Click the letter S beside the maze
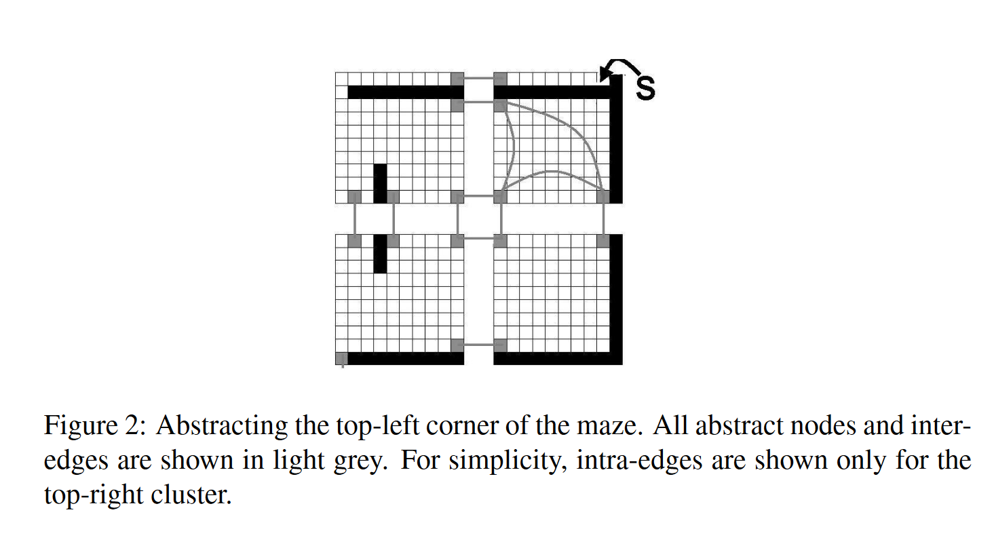[645, 89]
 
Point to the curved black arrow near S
[621, 67]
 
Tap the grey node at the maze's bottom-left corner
[341, 358]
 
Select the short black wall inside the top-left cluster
[380, 183]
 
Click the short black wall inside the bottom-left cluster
[380, 254]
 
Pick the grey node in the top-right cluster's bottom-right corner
[603, 197]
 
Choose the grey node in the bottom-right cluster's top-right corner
[603, 239]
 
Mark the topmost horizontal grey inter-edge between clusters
[478, 78]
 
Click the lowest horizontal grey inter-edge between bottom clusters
[478, 345]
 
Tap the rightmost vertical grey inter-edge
[603, 218]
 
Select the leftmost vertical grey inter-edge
[354, 218]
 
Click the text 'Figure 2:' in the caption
[94, 427]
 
